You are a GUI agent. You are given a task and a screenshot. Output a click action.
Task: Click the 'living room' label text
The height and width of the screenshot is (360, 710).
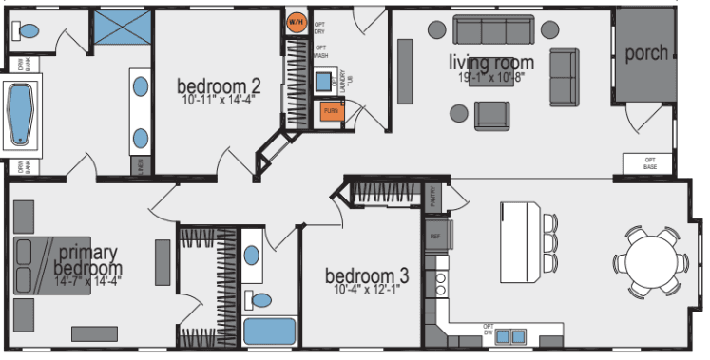pos(491,63)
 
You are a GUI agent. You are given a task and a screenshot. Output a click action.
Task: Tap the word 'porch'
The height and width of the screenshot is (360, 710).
pos(646,52)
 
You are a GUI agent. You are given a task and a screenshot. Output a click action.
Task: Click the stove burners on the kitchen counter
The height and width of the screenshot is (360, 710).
pos(440,282)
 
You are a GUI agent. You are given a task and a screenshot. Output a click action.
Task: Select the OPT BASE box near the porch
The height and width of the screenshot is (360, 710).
pos(650,162)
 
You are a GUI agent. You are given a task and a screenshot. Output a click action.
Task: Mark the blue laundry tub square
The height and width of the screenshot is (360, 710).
pos(323,80)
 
